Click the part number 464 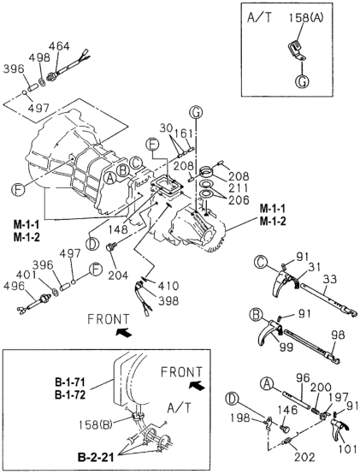59,46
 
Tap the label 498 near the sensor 39,57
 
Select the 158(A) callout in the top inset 305,18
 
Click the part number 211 238,188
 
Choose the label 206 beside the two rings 239,200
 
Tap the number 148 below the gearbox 118,230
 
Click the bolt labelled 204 109,247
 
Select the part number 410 168,286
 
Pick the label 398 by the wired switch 168,300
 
